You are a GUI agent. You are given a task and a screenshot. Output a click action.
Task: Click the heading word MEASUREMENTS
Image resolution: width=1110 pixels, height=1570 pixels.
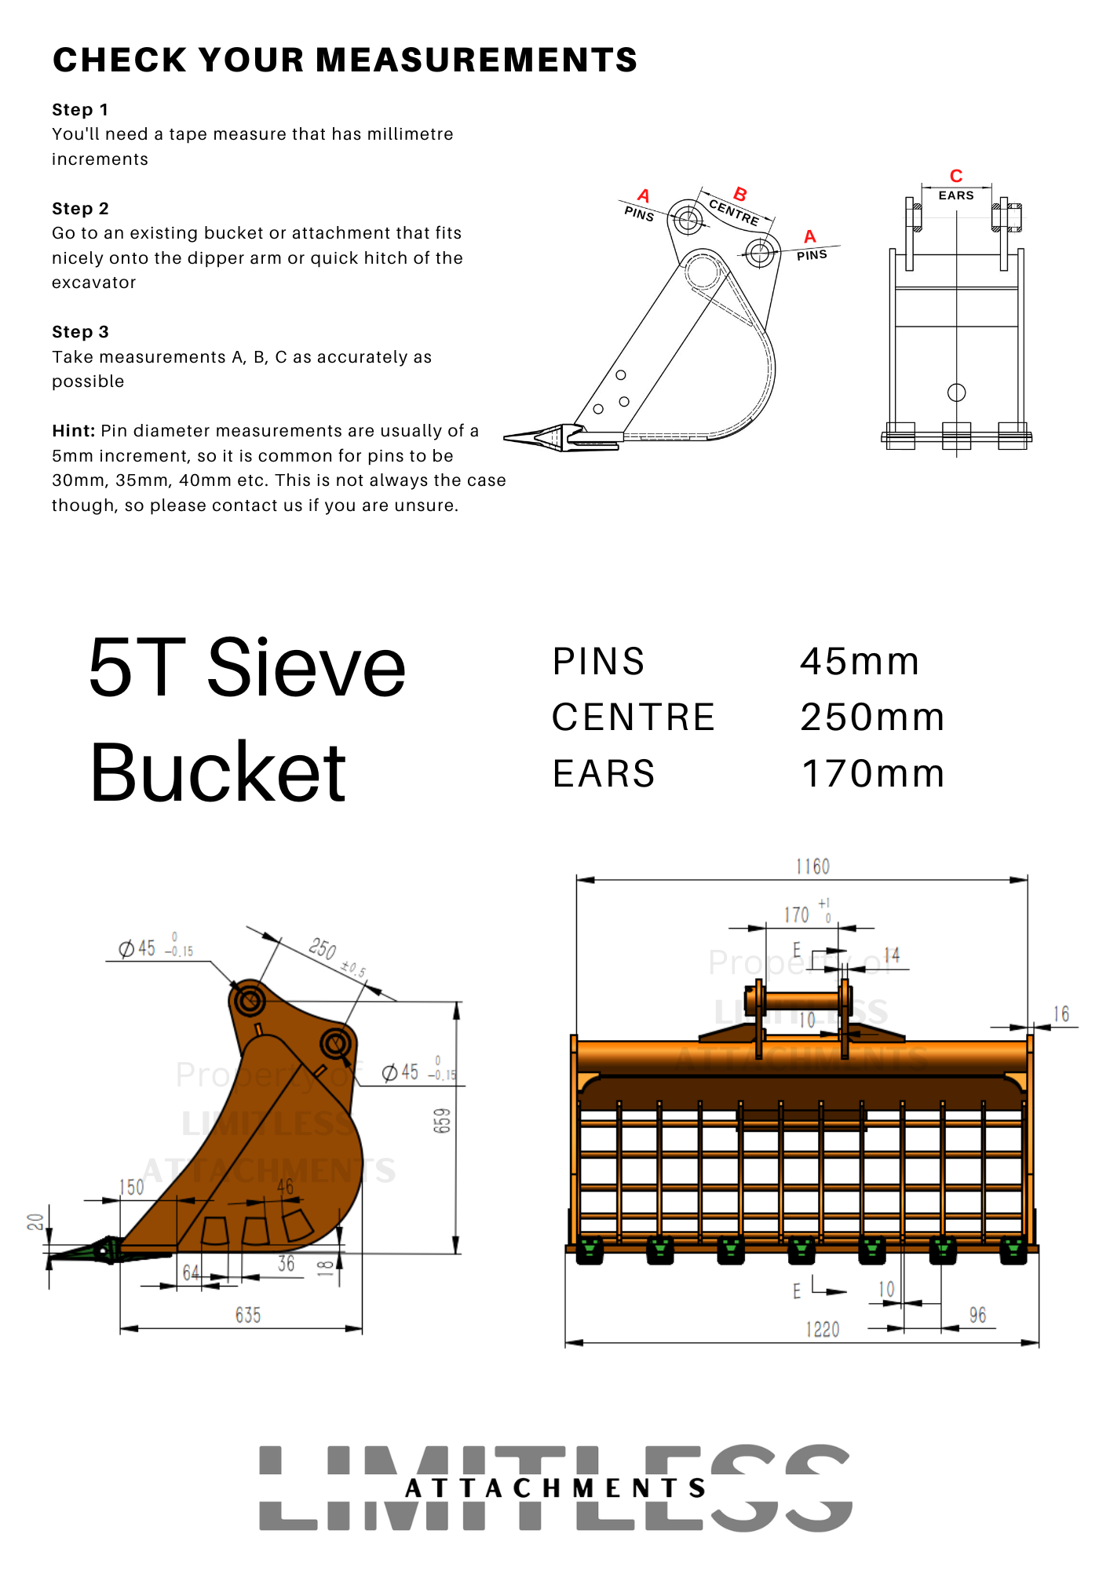coord(476,60)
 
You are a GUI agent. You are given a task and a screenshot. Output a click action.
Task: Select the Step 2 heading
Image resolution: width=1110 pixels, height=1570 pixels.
coord(80,209)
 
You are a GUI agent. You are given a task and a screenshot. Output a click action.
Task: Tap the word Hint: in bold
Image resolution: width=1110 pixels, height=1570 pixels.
coord(74,431)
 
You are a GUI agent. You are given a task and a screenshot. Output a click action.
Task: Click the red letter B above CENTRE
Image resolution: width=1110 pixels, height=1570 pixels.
coord(739,194)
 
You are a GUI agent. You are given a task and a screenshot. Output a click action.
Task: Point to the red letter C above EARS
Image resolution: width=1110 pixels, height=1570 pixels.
coord(955,176)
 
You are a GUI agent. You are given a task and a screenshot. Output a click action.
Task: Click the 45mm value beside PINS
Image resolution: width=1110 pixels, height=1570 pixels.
coord(860,662)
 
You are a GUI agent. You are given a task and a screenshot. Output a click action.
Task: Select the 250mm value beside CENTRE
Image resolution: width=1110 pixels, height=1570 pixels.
coord(872,717)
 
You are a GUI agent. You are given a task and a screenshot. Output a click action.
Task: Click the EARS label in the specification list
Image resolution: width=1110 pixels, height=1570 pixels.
coord(604,774)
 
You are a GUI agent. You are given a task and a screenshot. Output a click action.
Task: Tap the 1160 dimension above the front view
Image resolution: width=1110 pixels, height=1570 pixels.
coord(812,867)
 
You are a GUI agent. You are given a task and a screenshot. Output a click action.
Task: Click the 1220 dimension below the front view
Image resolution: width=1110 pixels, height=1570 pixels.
coord(822,1330)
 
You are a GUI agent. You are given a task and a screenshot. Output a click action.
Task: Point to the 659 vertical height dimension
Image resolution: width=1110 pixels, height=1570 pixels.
coord(443,1121)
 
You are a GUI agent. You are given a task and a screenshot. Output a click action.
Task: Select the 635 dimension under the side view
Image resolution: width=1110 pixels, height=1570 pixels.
coord(248,1316)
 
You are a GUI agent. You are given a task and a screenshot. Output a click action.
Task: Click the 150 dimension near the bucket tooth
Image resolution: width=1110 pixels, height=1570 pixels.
coord(132,1188)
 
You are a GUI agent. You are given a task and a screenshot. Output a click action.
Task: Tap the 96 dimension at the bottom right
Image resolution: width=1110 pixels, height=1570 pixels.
coord(977,1316)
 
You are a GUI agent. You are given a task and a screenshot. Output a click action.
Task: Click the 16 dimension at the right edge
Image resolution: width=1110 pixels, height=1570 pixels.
coord(1061,1014)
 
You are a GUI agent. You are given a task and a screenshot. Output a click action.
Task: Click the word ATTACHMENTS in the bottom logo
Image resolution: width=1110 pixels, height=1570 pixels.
coord(555,1488)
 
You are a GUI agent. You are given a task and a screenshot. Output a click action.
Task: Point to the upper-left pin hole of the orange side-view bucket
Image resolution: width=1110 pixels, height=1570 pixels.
coord(250,1001)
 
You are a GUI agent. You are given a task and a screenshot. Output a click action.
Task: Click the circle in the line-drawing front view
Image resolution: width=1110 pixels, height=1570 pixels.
coord(956,392)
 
